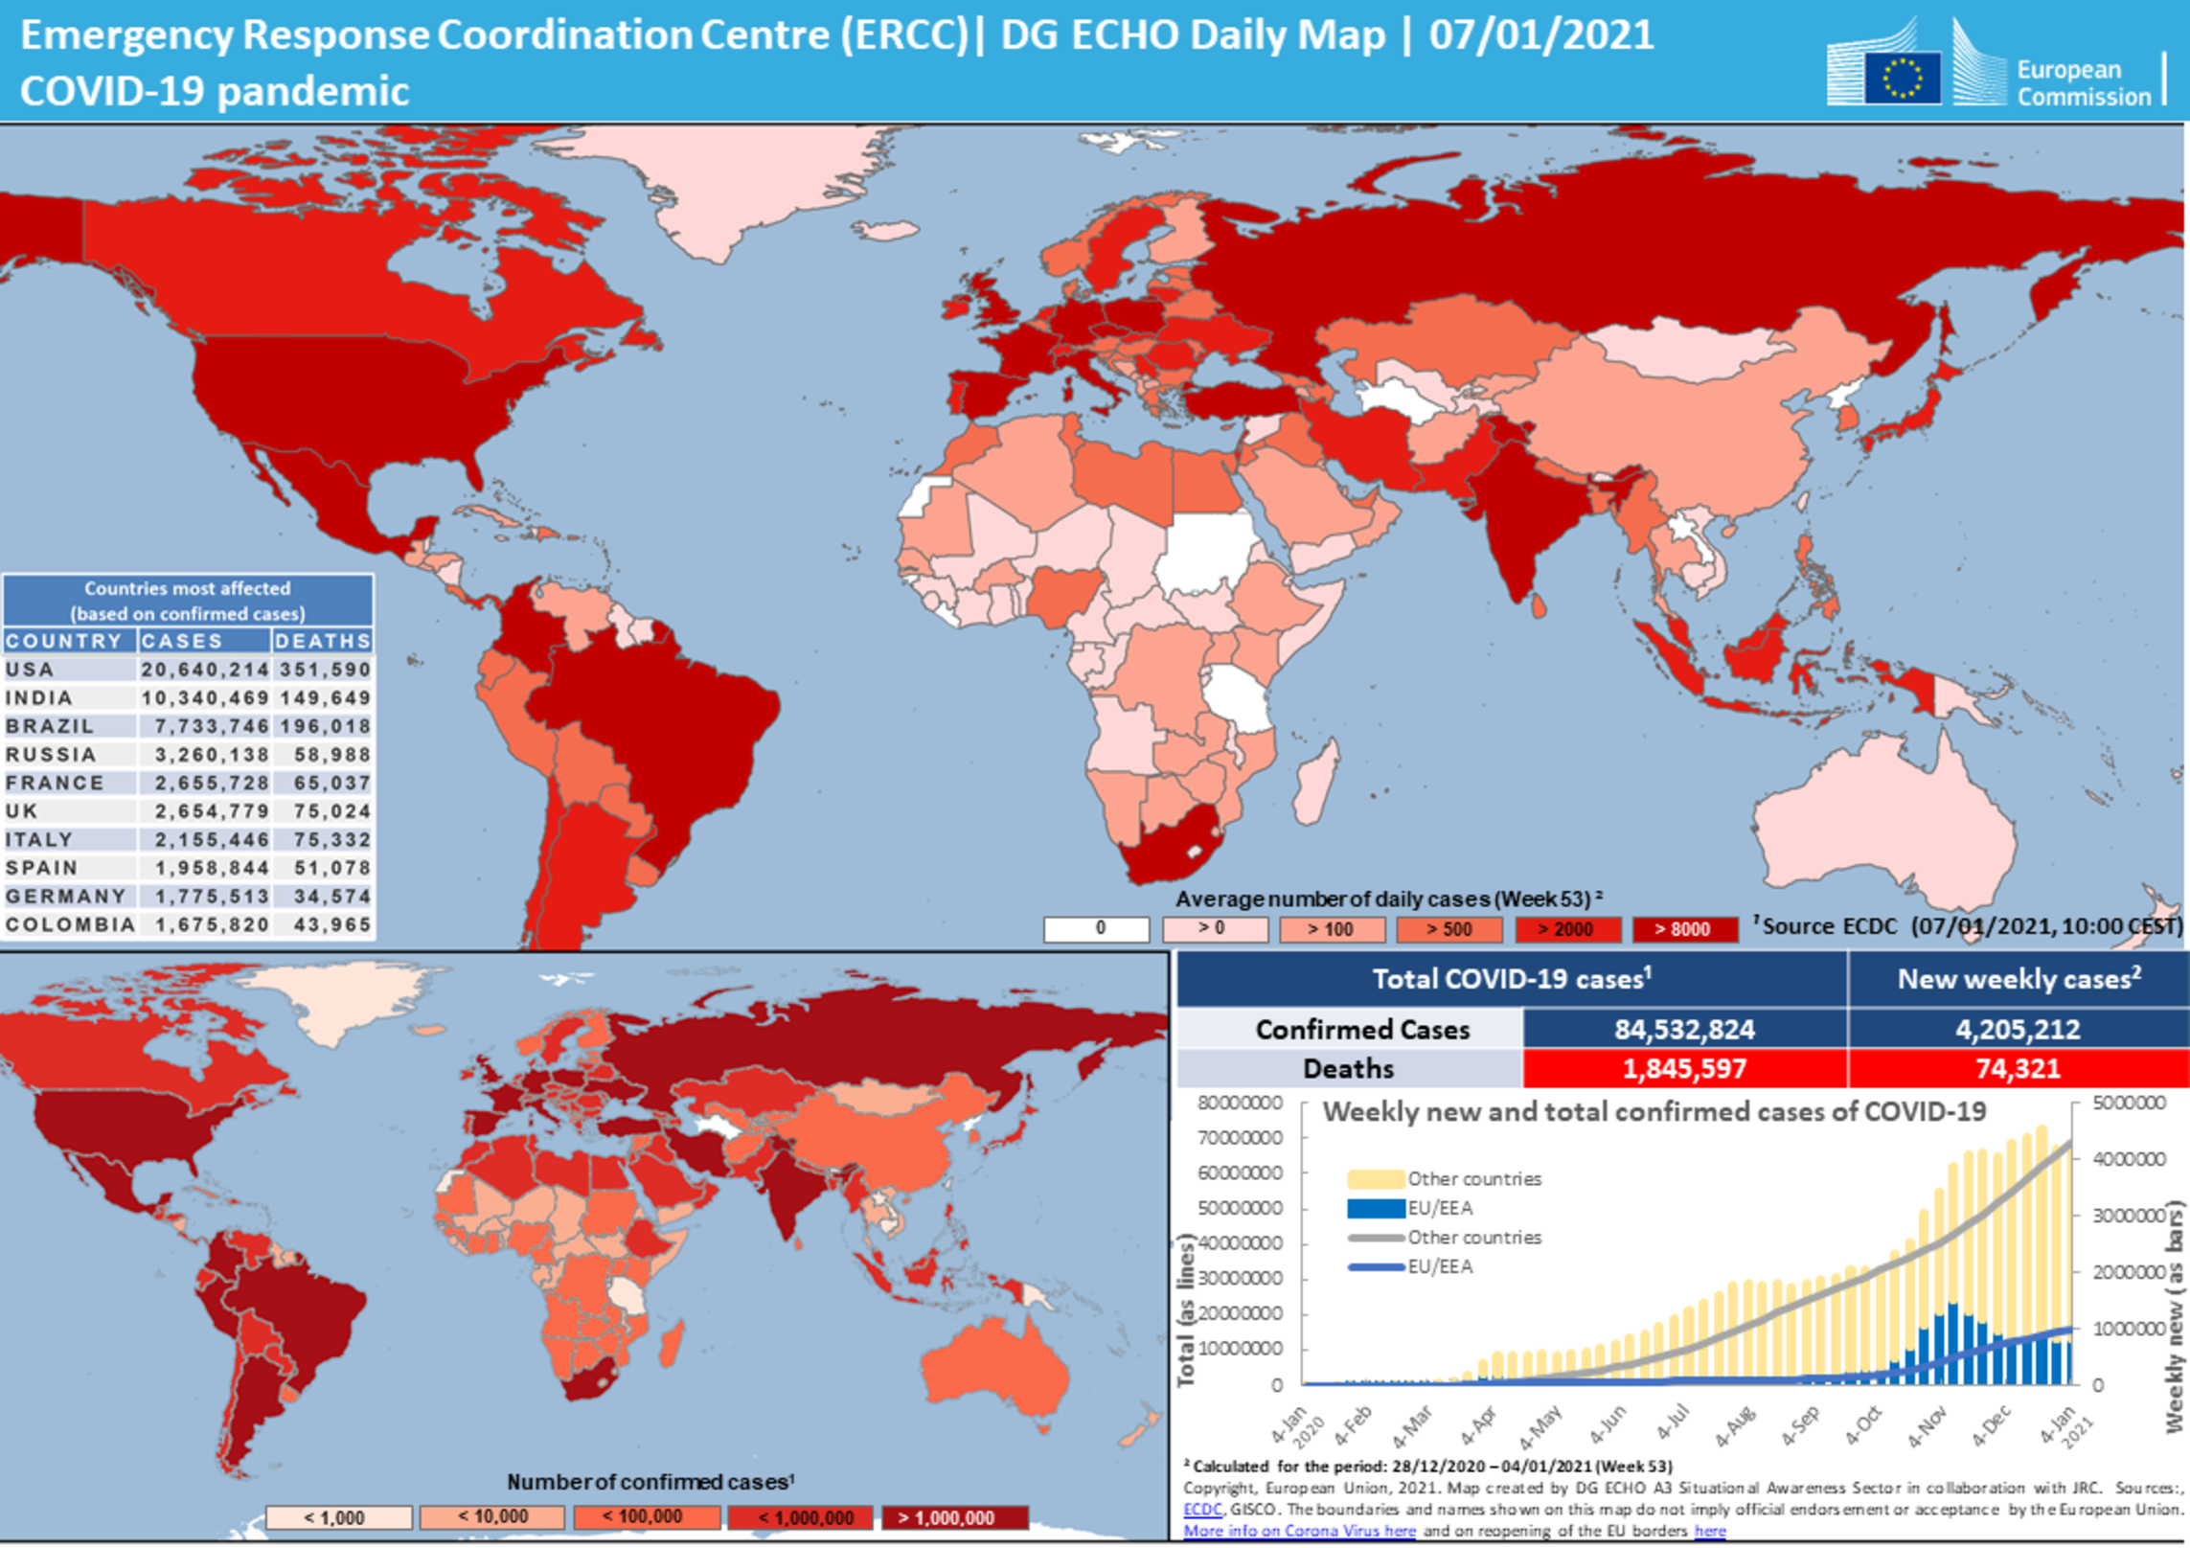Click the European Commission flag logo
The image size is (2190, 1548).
[1902, 77]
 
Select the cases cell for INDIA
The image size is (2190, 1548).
[204, 697]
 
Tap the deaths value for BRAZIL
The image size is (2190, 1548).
[324, 726]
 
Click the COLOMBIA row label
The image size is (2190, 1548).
[69, 924]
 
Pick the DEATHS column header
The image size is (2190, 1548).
[323, 641]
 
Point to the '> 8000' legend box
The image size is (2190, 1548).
[1684, 928]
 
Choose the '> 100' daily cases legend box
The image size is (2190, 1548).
[1331, 928]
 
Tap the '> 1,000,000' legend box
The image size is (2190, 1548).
[954, 1517]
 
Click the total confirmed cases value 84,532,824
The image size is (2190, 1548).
[1684, 1029]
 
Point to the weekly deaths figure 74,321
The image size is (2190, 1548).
[2018, 1068]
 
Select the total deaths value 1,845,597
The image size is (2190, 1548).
[1684, 1068]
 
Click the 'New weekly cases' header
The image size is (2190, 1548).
[2018, 979]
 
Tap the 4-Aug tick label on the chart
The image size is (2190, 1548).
[1735, 1426]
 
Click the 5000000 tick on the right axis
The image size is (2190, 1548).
[2129, 1104]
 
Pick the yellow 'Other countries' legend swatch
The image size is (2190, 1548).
[1376, 1178]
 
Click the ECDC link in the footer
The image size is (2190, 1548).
[1202, 1510]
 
